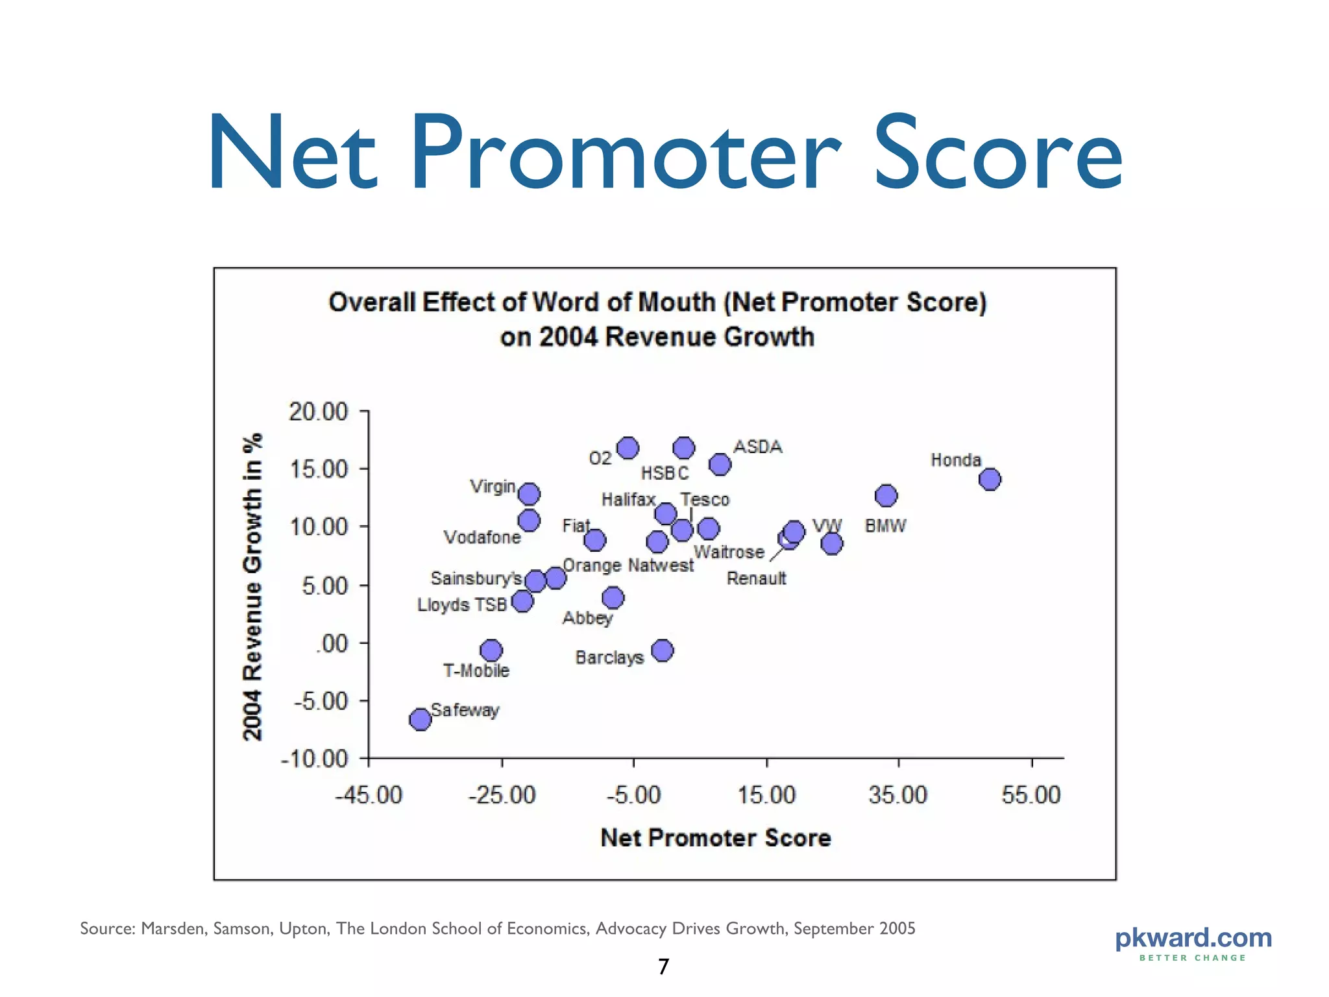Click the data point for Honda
(990, 480)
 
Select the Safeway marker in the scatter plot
(421, 719)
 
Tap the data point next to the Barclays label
(662, 650)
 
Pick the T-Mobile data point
(491, 650)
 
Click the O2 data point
(628, 448)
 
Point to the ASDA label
(757, 447)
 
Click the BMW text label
(885, 526)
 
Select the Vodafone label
(482, 537)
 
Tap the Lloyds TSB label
(461, 605)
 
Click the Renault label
(756, 578)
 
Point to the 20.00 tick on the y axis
(318, 412)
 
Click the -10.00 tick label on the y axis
(315, 758)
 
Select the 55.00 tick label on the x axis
(1030, 795)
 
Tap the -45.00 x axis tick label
(369, 795)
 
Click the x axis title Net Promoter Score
(715, 838)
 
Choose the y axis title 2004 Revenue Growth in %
(252, 586)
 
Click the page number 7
(663, 966)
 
